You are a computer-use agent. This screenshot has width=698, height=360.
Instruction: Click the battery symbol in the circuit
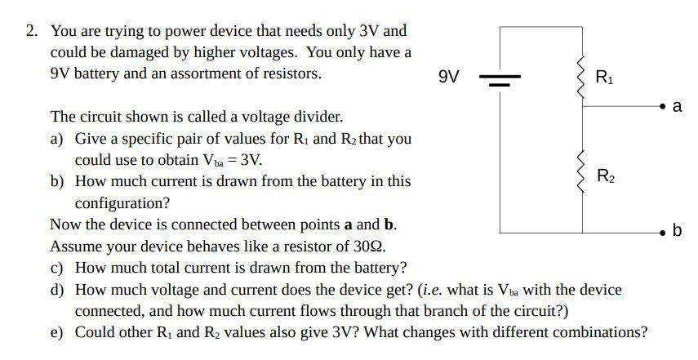[x=500, y=79]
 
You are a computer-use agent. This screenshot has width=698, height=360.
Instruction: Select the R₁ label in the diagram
[x=605, y=78]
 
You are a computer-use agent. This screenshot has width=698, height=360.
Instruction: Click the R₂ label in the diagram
[x=606, y=175]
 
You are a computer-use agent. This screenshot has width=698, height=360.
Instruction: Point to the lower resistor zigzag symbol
[x=583, y=167]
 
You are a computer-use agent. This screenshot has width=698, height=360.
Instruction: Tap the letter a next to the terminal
[x=677, y=106]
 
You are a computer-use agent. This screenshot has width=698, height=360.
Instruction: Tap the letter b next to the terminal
[x=677, y=230]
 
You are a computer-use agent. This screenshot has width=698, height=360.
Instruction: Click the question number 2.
[x=31, y=31]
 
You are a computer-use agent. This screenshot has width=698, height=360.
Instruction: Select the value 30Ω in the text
[x=369, y=246]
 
